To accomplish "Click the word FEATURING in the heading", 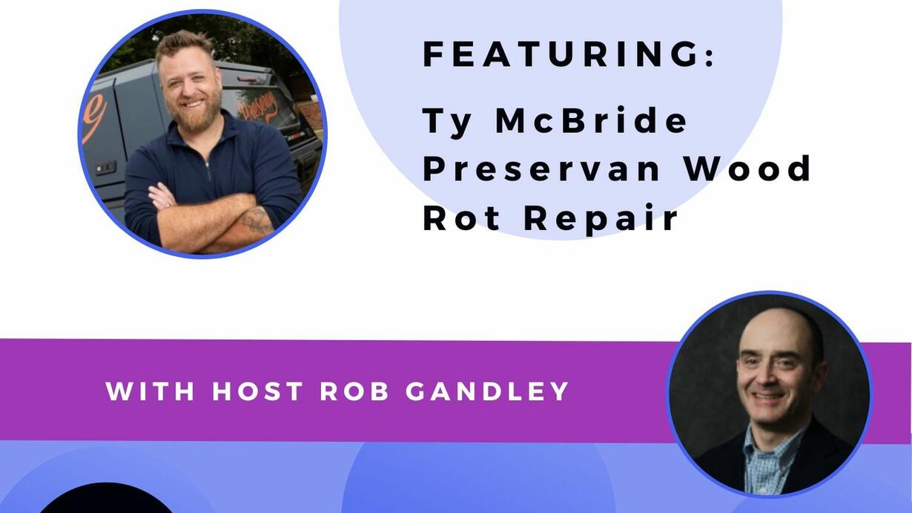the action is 562,54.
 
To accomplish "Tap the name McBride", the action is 591,120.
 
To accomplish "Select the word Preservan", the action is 541,169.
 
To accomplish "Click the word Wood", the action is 748,169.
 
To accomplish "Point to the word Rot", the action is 462,218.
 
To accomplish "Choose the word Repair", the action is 600,219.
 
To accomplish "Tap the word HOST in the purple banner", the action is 257,391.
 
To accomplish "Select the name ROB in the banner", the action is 354,391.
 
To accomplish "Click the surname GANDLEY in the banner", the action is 487,391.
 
